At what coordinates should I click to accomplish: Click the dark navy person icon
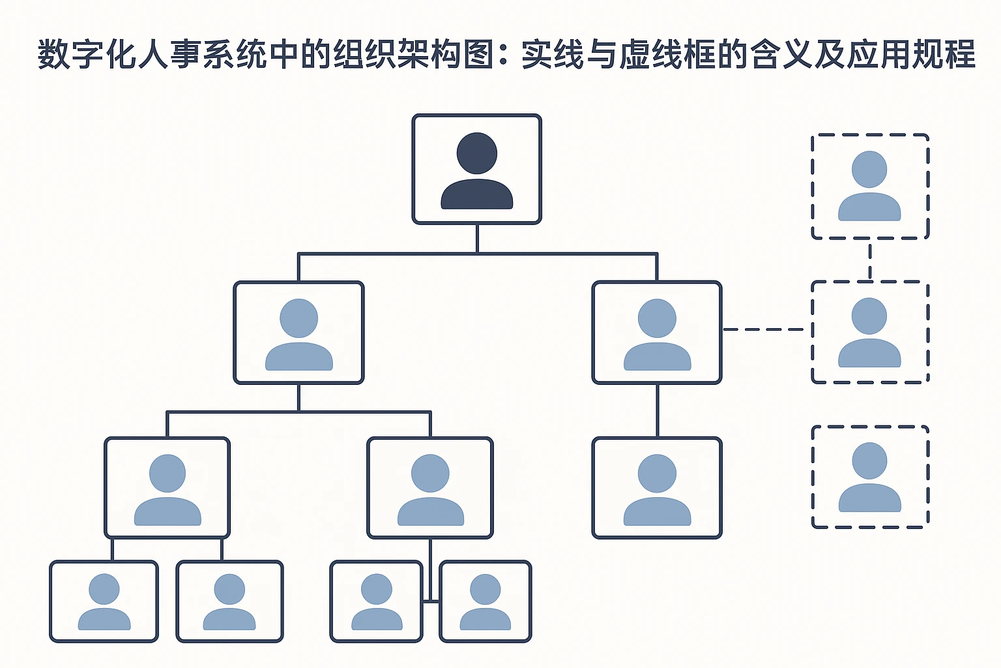477,171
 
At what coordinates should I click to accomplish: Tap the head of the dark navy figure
477,153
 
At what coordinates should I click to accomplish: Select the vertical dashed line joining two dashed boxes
870,260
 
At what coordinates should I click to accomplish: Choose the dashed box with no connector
870,476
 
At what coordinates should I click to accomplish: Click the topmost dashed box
870,187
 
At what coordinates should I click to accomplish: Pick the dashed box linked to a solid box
870,332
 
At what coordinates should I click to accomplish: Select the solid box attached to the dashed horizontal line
657,333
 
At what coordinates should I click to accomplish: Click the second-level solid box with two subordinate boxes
298,333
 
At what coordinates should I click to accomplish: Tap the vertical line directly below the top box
477,239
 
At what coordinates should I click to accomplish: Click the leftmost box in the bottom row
104,601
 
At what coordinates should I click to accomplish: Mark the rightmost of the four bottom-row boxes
486,601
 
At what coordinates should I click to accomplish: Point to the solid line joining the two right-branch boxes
657,410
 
